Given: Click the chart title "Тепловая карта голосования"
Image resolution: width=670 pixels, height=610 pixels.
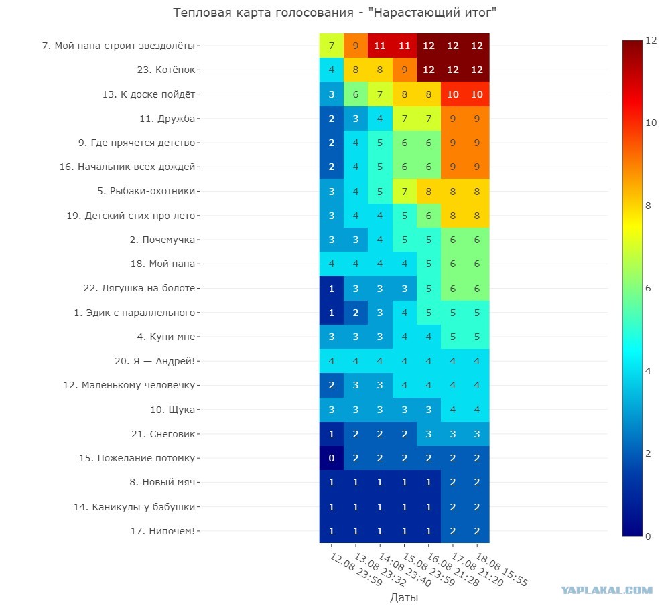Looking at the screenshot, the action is (x=263, y=13).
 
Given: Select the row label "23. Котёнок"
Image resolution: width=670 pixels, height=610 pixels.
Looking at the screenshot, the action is (x=165, y=70).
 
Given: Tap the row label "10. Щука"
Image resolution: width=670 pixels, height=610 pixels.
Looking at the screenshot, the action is (x=172, y=410).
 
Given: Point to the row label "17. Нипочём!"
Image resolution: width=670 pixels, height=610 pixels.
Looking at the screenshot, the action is (x=162, y=531).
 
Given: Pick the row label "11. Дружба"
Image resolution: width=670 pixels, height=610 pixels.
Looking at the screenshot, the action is (x=167, y=119).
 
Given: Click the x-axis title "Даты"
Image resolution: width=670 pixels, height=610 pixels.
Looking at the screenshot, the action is (x=404, y=597).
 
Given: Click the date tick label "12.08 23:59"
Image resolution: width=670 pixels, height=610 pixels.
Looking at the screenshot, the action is (x=356, y=568).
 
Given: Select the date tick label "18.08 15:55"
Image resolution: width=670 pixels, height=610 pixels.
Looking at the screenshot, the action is (x=502, y=568).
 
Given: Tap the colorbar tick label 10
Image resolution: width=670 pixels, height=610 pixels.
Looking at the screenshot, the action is (x=651, y=123).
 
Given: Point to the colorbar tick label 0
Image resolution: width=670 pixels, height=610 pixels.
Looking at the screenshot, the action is (x=648, y=536).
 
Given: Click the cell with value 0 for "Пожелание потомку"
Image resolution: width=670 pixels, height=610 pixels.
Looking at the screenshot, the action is (x=332, y=458).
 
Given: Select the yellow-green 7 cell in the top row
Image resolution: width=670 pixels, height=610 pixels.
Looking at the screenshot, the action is (x=332, y=46).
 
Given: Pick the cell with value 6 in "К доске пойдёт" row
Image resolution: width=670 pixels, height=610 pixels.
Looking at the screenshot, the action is (x=356, y=94).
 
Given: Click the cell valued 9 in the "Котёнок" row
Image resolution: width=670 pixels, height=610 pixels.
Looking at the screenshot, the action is (x=404, y=70).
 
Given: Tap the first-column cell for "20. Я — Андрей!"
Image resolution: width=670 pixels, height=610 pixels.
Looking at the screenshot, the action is (x=332, y=361).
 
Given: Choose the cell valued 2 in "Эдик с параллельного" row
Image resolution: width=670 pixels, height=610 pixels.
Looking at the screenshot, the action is (x=356, y=313).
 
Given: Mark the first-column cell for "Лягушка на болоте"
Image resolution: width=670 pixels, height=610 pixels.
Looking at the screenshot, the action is (x=332, y=289).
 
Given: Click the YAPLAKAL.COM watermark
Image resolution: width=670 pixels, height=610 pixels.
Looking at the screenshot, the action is (x=607, y=591).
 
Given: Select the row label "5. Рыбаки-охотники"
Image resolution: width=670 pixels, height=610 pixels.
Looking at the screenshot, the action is (x=146, y=191).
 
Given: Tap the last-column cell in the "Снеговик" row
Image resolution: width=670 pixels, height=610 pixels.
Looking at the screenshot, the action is (x=477, y=434).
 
